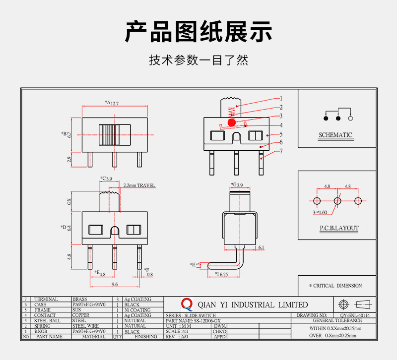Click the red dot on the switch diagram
(231, 122)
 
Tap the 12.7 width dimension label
(115, 103)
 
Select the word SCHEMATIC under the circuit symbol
(335, 135)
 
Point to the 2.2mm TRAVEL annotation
(139, 185)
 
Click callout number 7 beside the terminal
(281, 151)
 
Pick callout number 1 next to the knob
(281, 98)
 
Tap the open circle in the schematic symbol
(350, 119)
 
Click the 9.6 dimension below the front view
(114, 285)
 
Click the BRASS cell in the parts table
(79, 300)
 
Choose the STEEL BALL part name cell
(47, 321)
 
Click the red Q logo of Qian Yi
(187, 304)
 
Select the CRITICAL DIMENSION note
(335, 286)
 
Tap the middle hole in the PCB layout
(337, 201)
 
